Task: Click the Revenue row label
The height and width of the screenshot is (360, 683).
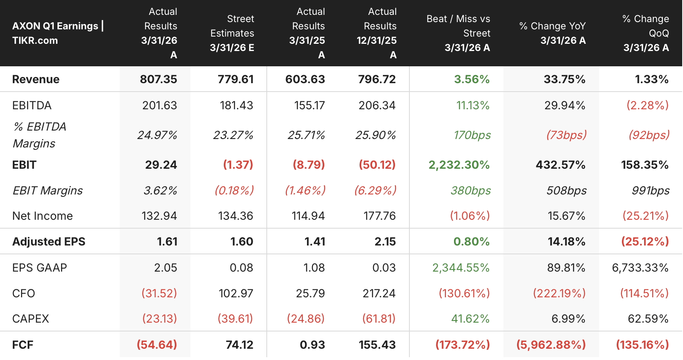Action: [36, 79]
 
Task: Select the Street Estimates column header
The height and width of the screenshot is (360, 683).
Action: [232, 33]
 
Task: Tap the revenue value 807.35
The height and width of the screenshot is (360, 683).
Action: [158, 79]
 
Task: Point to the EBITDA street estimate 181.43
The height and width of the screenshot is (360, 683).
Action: [237, 106]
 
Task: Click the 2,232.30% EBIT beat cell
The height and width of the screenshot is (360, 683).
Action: [459, 165]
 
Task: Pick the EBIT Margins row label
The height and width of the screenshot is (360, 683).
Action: [47, 190]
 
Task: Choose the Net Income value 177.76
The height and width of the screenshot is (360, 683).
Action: [380, 216]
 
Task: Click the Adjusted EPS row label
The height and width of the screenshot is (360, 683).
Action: [49, 241]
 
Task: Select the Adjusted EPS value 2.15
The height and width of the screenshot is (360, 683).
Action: [385, 241]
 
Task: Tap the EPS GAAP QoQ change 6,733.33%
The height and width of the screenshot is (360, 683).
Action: [640, 268]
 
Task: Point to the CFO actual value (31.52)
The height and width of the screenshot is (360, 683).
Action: [159, 293]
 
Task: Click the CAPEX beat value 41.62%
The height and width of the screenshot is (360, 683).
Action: [470, 319]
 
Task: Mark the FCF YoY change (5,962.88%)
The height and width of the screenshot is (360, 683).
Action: [551, 345]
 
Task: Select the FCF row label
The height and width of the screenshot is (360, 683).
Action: [22, 345]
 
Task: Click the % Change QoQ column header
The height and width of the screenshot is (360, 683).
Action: [646, 33]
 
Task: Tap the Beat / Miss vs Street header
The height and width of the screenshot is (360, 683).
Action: [458, 33]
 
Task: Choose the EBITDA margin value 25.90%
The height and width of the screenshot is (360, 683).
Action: [376, 135]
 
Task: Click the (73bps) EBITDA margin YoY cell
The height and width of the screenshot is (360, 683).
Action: [566, 135]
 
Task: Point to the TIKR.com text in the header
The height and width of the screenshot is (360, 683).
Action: [35, 41]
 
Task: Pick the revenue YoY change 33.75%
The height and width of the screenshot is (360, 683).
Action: [565, 79]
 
